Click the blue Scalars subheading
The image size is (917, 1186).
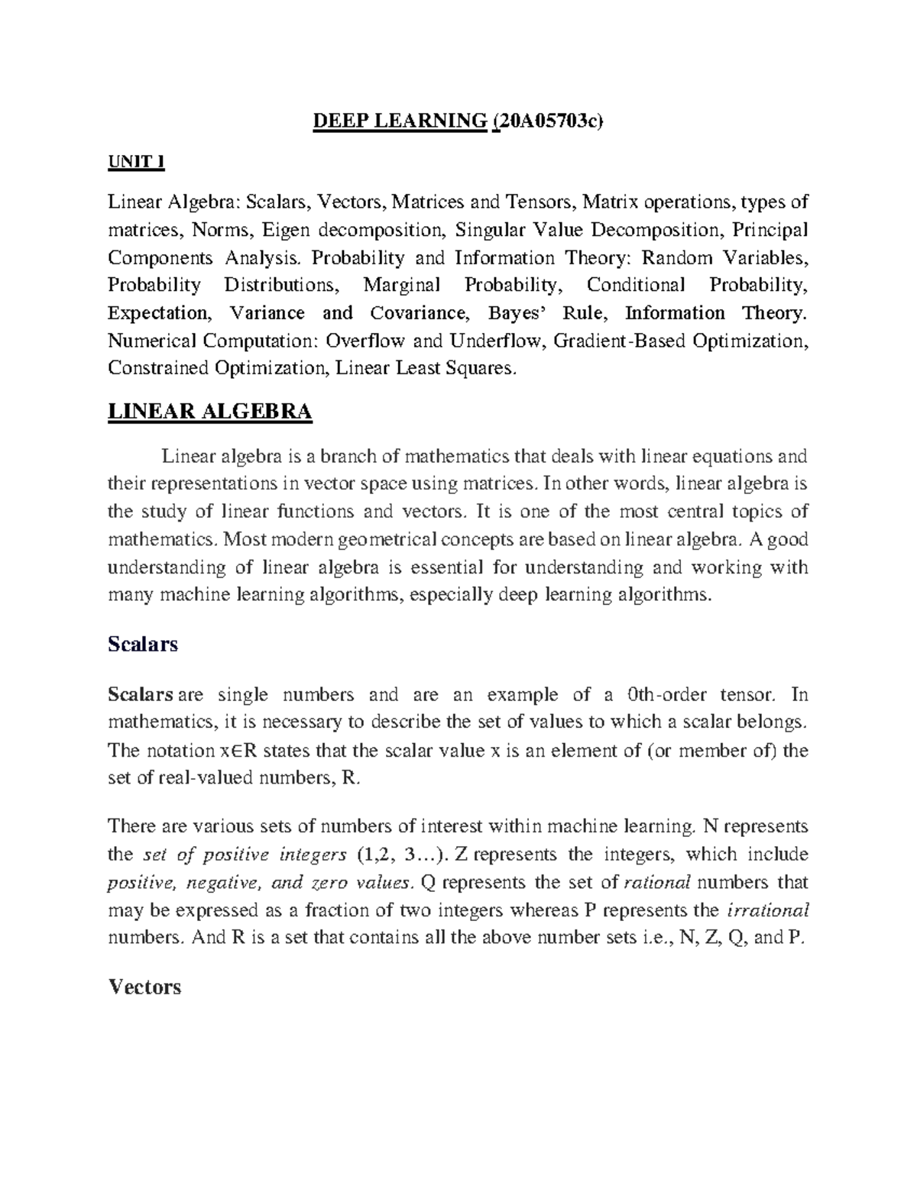click(x=143, y=644)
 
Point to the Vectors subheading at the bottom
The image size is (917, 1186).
click(x=145, y=987)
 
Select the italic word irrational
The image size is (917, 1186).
click(x=766, y=910)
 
